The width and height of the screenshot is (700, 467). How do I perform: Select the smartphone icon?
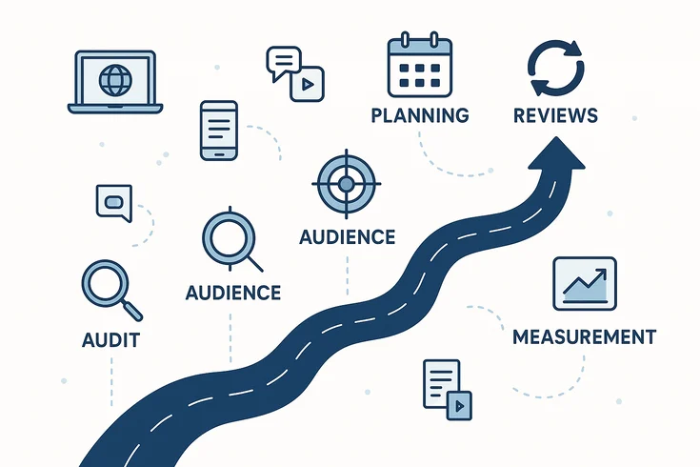click(217, 129)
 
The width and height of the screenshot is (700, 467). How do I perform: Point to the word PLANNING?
click(419, 116)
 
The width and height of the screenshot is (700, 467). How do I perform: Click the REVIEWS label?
click(555, 116)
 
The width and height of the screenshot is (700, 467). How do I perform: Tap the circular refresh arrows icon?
click(555, 69)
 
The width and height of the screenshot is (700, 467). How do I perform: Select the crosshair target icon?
click(347, 183)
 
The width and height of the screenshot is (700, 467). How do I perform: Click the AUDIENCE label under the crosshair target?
click(347, 236)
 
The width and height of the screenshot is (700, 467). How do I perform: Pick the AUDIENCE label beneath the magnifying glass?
click(233, 292)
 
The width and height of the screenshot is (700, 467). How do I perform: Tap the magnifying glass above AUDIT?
click(107, 287)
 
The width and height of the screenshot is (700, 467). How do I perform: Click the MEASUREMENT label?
click(584, 336)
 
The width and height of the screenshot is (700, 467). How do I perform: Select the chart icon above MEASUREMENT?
click(584, 283)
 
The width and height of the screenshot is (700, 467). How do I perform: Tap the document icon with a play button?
click(446, 389)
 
